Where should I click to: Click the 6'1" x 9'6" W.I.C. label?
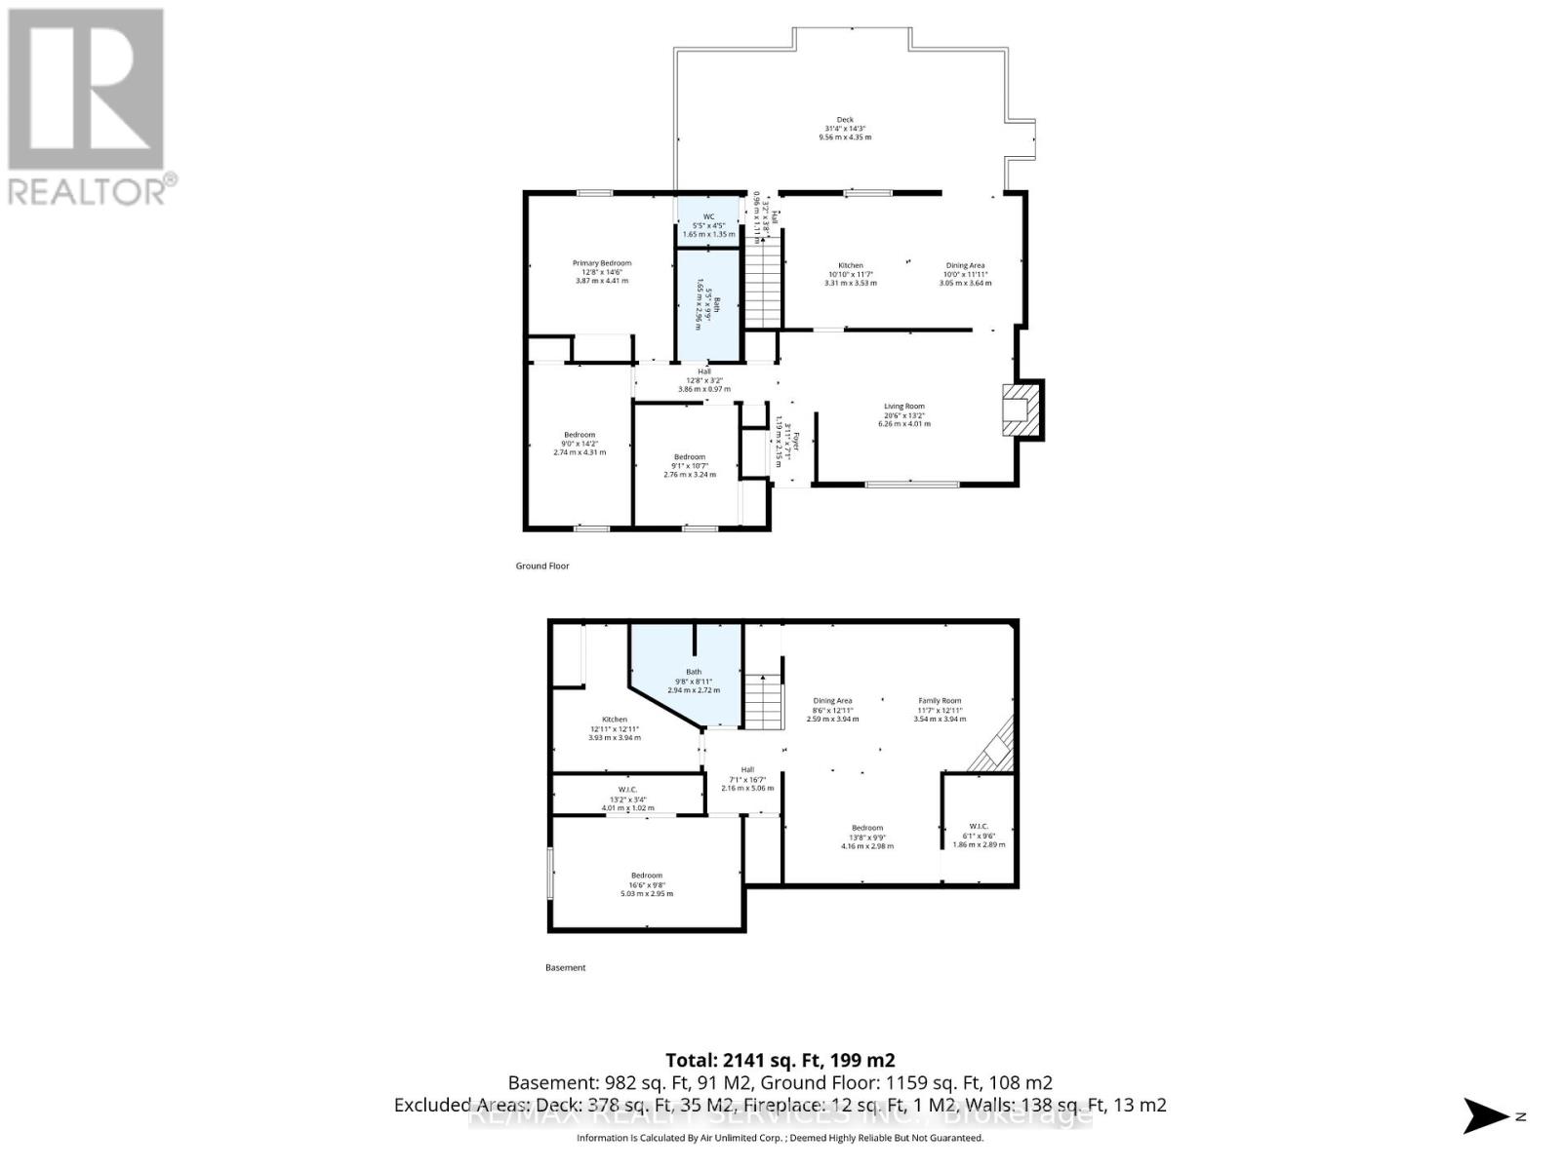click(979, 835)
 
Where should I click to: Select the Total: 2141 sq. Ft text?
click(780, 1060)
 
